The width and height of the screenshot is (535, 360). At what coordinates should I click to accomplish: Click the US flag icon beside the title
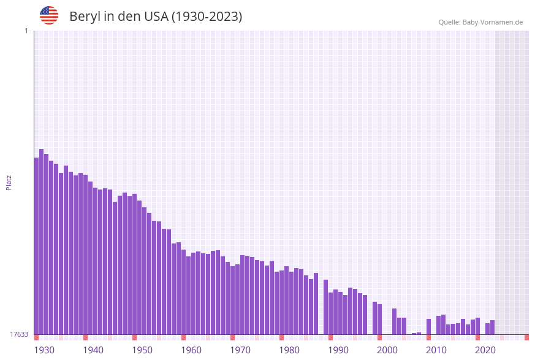(49, 15)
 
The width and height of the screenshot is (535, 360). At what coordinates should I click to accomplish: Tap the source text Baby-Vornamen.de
(492, 22)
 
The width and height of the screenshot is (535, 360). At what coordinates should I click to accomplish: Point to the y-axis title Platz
(9, 182)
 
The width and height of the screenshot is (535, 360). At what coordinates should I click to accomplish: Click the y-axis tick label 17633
(19, 334)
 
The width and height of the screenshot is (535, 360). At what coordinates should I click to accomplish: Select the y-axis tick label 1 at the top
(26, 31)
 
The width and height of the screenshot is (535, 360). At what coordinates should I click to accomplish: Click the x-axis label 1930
(44, 350)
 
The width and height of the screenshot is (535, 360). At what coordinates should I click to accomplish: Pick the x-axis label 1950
(142, 350)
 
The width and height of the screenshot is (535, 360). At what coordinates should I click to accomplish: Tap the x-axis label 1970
(240, 350)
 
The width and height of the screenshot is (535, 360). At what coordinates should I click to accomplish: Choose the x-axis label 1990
(338, 350)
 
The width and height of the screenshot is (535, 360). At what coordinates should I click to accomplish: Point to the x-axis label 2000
(387, 350)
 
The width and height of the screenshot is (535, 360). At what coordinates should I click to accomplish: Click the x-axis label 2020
(485, 350)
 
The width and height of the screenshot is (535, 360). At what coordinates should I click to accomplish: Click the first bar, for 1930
(37, 246)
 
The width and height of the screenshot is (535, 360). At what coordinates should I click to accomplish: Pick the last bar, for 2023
(493, 327)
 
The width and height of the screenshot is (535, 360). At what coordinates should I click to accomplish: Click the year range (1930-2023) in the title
(207, 17)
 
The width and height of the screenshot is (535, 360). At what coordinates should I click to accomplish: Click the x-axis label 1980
(289, 350)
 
